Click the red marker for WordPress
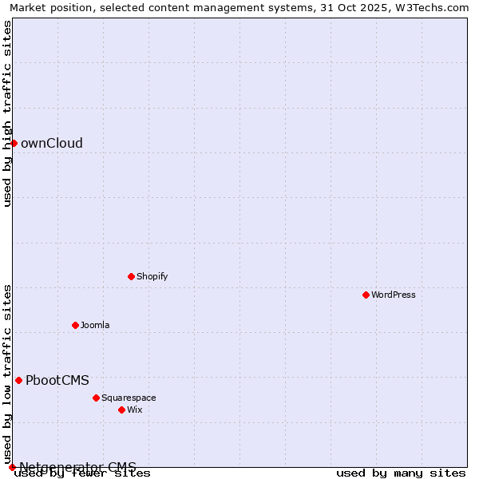(x=366, y=295)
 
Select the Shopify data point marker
(x=131, y=276)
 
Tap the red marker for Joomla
(x=75, y=325)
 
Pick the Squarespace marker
(x=96, y=398)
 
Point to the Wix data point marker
(x=121, y=410)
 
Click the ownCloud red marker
(x=14, y=143)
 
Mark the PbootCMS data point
(x=18, y=380)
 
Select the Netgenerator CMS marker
(x=12, y=467)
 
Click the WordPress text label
(x=394, y=295)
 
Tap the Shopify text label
(x=152, y=276)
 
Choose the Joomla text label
(x=95, y=325)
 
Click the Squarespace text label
(x=129, y=398)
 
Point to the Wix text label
(x=134, y=410)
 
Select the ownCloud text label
(x=52, y=143)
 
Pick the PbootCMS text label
(x=57, y=380)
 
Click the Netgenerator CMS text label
(x=77, y=466)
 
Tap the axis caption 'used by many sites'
(x=401, y=473)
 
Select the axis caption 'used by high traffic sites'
(x=8, y=113)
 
